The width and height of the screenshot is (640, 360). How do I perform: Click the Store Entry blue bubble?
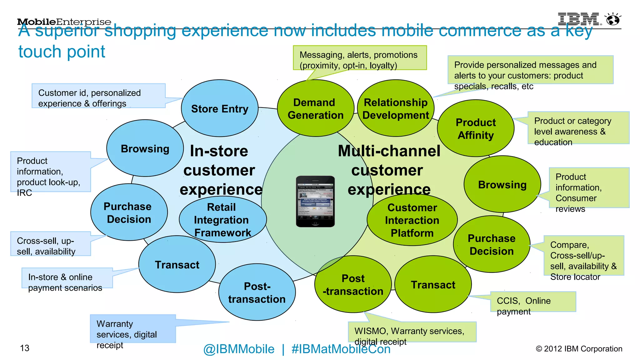[x=220, y=108]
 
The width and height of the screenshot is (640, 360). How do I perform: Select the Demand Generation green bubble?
[x=315, y=108]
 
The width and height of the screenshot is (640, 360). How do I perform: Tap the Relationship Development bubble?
[x=396, y=108]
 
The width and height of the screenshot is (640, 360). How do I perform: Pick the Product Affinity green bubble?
[x=476, y=128]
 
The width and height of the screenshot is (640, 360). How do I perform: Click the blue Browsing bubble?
[x=145, y=148]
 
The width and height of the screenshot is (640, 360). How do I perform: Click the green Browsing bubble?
[x=502, y=184]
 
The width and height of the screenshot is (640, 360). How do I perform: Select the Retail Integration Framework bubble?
[x=222, y=220]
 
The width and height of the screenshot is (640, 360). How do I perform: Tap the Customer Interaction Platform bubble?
[x=412, y=220]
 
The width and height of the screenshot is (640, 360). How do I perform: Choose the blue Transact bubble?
[x=177, y=264]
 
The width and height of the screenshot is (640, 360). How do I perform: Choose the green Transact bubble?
[x=433, y=284]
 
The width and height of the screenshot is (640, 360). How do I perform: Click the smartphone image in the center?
[x=315, y=201]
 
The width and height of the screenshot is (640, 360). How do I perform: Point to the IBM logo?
[x=579, y=19]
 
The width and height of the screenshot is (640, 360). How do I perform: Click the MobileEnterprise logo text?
[x=64, y=22]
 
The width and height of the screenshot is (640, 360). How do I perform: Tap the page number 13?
[x=25, y=348]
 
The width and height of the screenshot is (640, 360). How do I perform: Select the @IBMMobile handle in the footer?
[x=239, y=349]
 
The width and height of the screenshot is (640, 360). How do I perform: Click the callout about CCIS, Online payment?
[x=533, y=302]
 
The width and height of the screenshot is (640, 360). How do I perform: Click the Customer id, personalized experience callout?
[x=98, y=96]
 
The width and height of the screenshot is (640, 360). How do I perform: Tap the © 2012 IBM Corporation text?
[x=579, y=348]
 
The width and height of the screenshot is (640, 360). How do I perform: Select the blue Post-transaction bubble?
[x=257, y=292]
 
